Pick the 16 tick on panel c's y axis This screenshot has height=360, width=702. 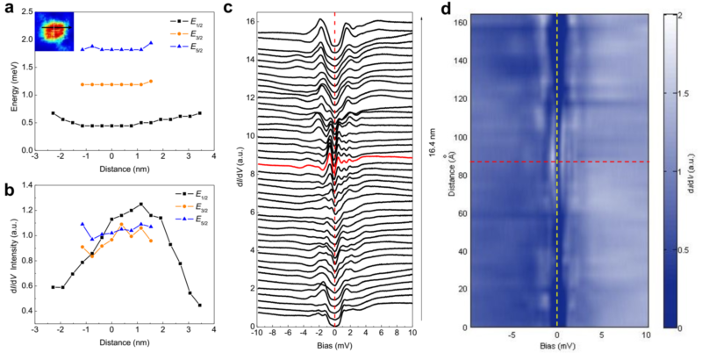tap(249, 19)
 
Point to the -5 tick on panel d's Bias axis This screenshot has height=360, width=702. tap(513, 335)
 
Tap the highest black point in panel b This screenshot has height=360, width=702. tap(140, 205)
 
